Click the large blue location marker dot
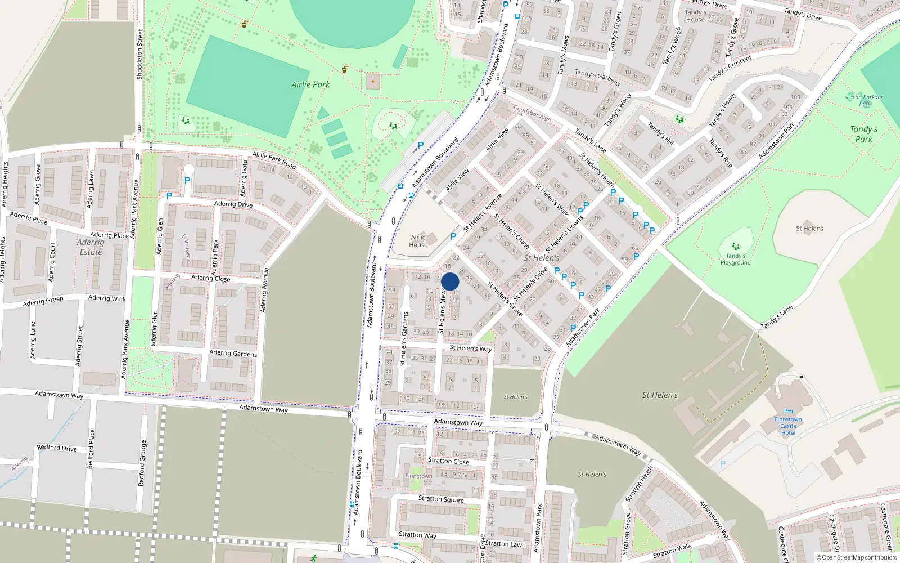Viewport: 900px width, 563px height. [x=450, y=281]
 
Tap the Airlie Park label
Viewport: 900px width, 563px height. [x=310, y=84]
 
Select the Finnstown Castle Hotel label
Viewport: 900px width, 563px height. [x=788, y=426]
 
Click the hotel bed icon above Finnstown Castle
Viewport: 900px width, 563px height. [x=788, y=411]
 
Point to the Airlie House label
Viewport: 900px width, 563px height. [x=418, y=241]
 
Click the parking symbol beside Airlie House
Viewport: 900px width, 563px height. [x=453, y=236]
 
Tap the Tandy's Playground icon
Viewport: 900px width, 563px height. [x=735, y=246]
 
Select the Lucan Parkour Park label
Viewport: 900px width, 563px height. [x=865, y=100]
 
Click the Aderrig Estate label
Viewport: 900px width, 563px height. [x=91, y=247]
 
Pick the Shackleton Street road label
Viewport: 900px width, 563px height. [x=139, y=54]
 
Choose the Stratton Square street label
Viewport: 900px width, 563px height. [x=441, y=499]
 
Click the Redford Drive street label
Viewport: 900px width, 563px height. [x=57, y=448]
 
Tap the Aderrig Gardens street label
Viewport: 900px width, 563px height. [x=233, y=353]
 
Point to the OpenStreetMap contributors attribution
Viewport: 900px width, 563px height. [x=857, y=557]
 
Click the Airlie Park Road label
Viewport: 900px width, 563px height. [x=274, y=160]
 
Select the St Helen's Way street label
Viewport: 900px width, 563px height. [x=470, y=348]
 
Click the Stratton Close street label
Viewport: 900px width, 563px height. [x=448, y=461]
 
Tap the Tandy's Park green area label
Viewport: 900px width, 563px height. [x=863, y=134]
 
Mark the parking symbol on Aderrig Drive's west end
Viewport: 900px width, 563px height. [x=169, y=196]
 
